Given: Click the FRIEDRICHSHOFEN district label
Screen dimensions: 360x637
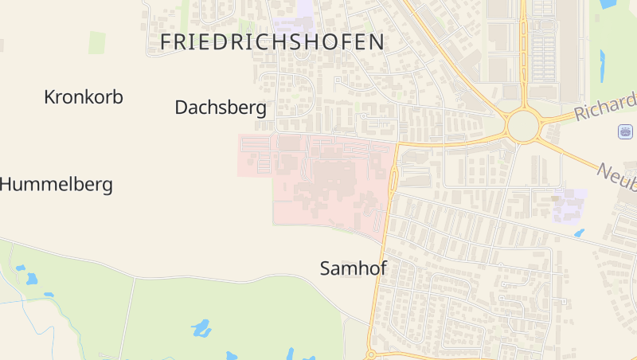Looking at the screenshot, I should click(272, 42).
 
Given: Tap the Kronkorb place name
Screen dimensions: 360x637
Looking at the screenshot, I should click(84, 97).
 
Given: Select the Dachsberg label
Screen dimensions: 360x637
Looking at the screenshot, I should click(221, 108).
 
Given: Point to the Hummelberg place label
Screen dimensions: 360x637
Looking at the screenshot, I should click(57, 185).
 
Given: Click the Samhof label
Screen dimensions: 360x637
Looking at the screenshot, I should click(353, 268).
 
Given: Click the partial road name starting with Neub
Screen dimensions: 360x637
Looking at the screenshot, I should click(617, 176).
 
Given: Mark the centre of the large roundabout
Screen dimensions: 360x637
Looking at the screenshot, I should click(522, 126).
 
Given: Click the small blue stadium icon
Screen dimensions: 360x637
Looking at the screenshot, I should click(625, 131).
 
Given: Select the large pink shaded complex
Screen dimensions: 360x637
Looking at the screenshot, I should click(326, 179).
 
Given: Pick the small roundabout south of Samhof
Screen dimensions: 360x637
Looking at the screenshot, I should click(370, 354).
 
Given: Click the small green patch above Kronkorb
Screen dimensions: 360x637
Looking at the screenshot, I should click(96, 42).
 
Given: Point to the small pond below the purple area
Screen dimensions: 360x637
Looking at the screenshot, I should click(579, 233).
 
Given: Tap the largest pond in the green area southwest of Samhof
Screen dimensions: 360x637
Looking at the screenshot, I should click(201, 327).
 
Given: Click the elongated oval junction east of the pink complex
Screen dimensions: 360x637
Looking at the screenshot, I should click(393, 180).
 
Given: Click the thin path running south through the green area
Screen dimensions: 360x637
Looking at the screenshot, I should click(126, 319).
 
